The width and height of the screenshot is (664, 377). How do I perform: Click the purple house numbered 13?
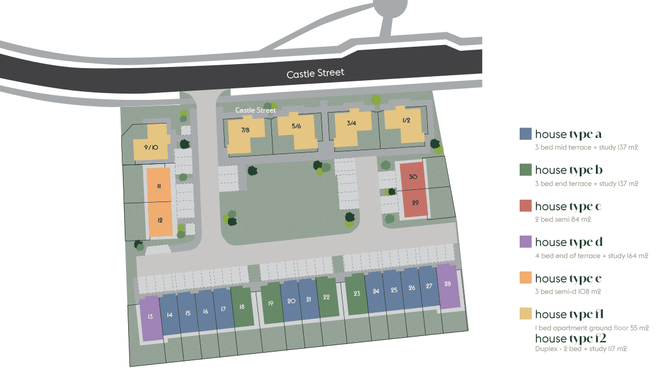coord(151,317)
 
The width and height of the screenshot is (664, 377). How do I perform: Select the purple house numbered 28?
coord(448,285)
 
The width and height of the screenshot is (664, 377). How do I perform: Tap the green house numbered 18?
coord(242,307)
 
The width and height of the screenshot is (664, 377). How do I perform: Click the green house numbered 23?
coord(357,294)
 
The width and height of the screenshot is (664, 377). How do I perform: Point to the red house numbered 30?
coord(412,177)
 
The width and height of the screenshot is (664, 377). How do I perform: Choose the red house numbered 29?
coord(415,203)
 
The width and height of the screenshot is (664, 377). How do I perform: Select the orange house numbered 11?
coord(159,185)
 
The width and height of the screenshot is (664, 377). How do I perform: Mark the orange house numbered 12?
coord(160,219)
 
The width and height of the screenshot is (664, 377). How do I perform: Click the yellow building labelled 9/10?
coord(151,147)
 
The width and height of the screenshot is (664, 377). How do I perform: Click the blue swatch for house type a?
coord(525,134)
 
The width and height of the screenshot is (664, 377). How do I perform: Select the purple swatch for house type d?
coord(525,242)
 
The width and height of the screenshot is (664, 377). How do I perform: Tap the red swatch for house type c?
coord(525,206)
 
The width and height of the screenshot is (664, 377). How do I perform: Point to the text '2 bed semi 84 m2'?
coord(563,219)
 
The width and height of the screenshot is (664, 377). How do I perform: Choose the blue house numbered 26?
coord(412,288)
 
